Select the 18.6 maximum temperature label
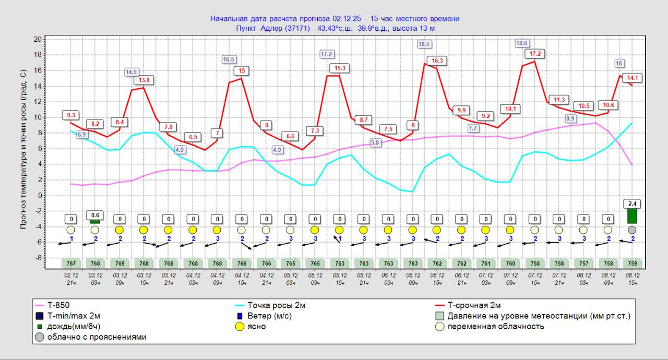click(x=521, y=43)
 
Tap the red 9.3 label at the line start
click(x=71, y=115)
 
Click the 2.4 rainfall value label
click(x=632, y=203)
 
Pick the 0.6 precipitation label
click(x=95, y=215)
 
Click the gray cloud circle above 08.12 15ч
click(x=632, y=230)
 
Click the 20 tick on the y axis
click(x=38, y=39)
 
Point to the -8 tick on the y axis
click(x=37, y=258)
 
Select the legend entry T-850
click(x=57, y=305)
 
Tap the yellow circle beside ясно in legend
click(x=240, y=327)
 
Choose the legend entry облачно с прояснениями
click(x=97, y=337)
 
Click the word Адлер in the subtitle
click(x=272, y=28)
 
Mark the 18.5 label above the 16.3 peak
click(x=424, y=44)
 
